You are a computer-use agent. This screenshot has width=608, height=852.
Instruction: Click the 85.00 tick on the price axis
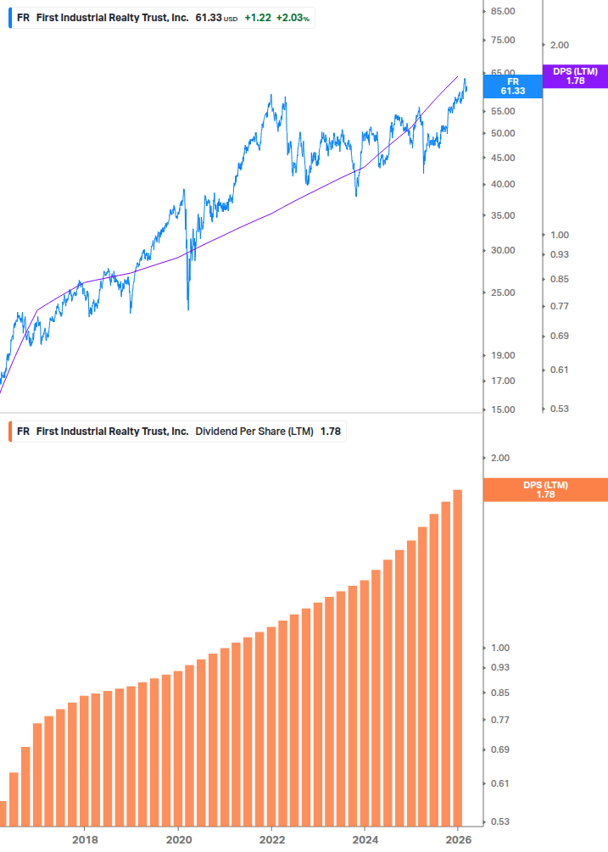tap(503, 11)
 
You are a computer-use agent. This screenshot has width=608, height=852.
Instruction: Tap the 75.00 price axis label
tap(503, 40)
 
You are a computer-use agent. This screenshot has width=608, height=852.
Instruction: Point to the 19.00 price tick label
tap(503, 355)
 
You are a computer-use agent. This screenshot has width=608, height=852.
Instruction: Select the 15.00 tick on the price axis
tap(503, 409)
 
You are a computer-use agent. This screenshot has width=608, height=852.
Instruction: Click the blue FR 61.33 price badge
tap(512, 86)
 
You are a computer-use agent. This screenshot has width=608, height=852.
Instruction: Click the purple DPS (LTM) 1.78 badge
tap(575, 76)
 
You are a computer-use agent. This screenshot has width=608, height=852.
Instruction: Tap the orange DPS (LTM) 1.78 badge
tap(545, 490)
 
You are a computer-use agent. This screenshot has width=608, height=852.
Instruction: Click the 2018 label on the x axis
tap(85, 839)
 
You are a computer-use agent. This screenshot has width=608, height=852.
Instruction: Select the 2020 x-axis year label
tap(178, 839)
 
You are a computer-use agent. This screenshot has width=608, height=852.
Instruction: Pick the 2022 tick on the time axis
tap(271, 839)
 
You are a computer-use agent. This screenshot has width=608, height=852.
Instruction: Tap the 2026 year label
tap(457, 839)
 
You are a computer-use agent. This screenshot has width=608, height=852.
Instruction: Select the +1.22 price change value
tap(257, 18)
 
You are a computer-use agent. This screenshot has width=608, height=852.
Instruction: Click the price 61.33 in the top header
tap(208, 18)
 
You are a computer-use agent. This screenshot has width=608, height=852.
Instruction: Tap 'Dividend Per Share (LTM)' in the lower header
tap(254, 432)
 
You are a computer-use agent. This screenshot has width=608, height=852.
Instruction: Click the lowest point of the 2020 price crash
tap(187, 309)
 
